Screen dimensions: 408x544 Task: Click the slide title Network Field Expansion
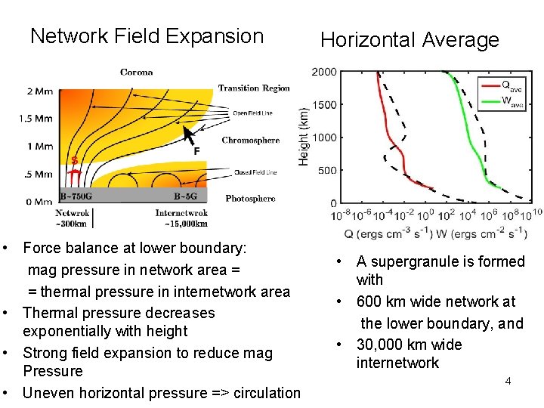[x=147, y=36]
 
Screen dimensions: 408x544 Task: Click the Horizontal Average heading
[x=410, y=40]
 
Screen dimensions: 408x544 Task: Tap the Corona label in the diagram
[x=136, y=73]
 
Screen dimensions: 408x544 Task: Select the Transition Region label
[x=254, y=88]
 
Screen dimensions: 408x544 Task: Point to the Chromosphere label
[x=250, y=141]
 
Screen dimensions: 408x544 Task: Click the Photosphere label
[x=250, y=199]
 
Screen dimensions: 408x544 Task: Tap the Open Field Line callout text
[x=252, y=113]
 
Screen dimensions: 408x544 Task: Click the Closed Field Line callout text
[x=255, y=173]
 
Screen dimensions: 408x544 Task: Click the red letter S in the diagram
[x=74, y=160]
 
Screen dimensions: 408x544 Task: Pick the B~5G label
[x=186, y=196]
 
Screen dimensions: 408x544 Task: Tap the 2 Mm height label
[x=39, y=91]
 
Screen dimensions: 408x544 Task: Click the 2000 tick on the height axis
[x=324, y=73]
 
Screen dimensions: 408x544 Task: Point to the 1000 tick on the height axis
[x=324, y=138]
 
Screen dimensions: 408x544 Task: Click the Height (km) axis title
[x=304, y=136]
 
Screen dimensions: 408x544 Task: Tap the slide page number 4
[x=508, y=381]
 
